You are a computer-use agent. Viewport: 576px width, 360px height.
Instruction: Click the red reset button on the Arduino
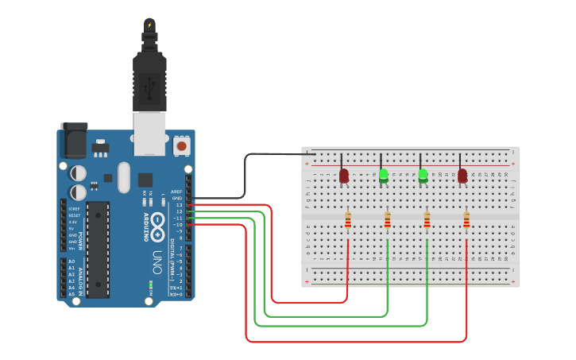click(x=182, y=145)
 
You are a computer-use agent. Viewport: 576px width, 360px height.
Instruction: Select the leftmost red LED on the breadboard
click(x=344, y=176)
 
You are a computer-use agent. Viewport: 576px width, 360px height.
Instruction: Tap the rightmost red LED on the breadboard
click(x=462, y=176)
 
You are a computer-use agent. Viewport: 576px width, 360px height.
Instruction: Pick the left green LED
click(x=384, y=176)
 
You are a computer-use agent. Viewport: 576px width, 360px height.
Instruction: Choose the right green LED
click(x=423, y=176)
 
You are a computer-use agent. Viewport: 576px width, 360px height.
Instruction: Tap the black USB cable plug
click(x=149, y=79)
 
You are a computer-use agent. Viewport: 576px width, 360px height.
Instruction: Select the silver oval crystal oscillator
click(x=122, y=178)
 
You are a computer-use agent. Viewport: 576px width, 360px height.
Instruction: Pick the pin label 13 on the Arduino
click(x=180, y=205)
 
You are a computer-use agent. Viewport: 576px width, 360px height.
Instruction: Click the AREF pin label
click(x=176, y=192)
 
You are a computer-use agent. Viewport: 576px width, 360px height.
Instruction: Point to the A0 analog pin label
click(x=72, y=261)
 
